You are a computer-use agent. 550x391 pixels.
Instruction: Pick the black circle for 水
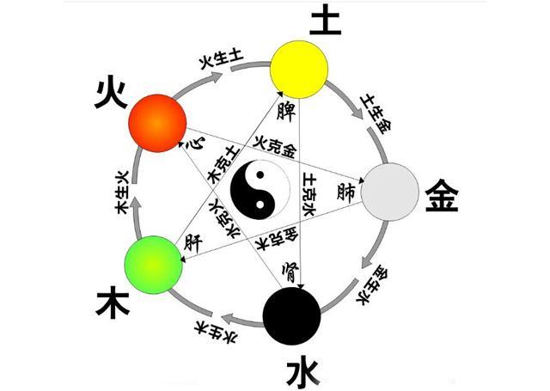pos(292,315)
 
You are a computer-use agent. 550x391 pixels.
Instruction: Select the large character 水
pos(302,372)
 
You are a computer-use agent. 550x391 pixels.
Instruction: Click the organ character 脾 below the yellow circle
pos(288,111)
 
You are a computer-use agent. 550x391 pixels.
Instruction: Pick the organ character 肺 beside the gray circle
pos(348,190)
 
